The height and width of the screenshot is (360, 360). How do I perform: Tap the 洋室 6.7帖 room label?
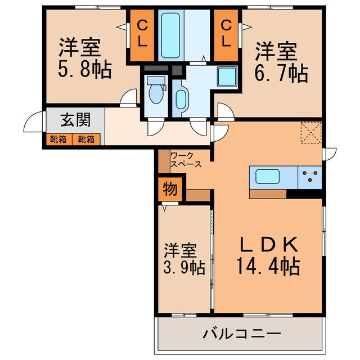click(281, 63)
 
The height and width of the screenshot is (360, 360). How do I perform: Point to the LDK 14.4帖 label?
click(268, 255)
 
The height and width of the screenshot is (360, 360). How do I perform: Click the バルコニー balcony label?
click(241, 335)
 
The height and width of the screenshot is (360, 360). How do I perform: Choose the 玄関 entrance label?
click(75, 120)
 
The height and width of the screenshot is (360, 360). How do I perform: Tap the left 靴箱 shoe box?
click(58, 138)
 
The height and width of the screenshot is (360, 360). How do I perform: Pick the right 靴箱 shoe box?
click(87, 138)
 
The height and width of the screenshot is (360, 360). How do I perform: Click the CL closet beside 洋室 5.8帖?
click(143, 33)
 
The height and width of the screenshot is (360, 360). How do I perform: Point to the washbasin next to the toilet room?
click(181, 98)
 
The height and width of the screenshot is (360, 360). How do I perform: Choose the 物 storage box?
click(169, 189)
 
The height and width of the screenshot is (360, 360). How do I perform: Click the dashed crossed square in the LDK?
click(309, 133)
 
